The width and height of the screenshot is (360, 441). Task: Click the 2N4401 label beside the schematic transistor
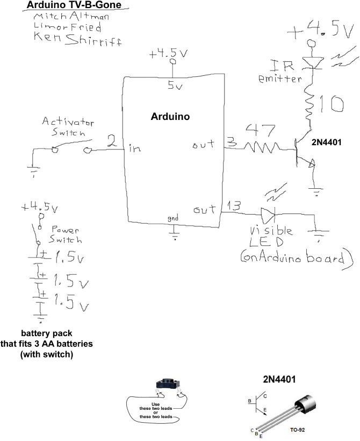tap(327, 143)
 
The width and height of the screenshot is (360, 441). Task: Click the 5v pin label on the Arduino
tap(174, 86)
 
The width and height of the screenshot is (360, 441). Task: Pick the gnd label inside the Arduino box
tap(173, 218)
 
